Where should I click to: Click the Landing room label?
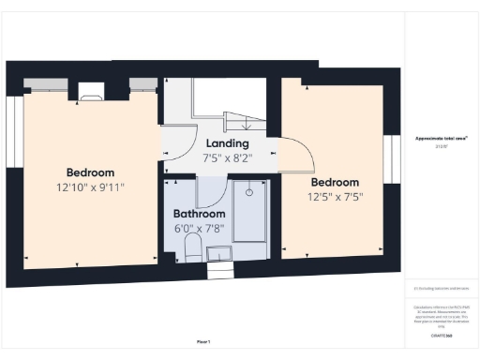(x=227, y=143)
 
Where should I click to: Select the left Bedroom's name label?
(x=90, y=172)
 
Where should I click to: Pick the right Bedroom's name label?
(x=335, y=182)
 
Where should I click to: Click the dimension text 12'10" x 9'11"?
(x=90, y=187)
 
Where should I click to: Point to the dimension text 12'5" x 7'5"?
(x=335, y=197)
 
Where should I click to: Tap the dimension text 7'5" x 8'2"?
(x=227, y=157)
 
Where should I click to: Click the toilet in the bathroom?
(x=192, y=247)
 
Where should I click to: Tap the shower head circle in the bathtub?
(x=249, y=192)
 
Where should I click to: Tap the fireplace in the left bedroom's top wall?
(x=90, y=90)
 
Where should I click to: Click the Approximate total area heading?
(x=442, y=138)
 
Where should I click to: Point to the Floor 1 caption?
(x=203, y=341)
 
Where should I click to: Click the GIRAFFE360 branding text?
(x=442, y=335)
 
